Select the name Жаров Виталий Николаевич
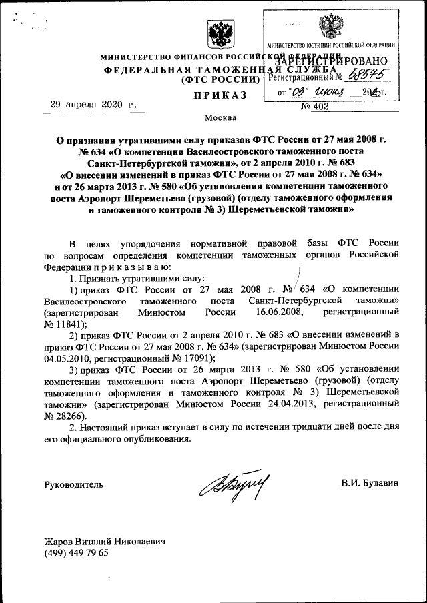(104, 542)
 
